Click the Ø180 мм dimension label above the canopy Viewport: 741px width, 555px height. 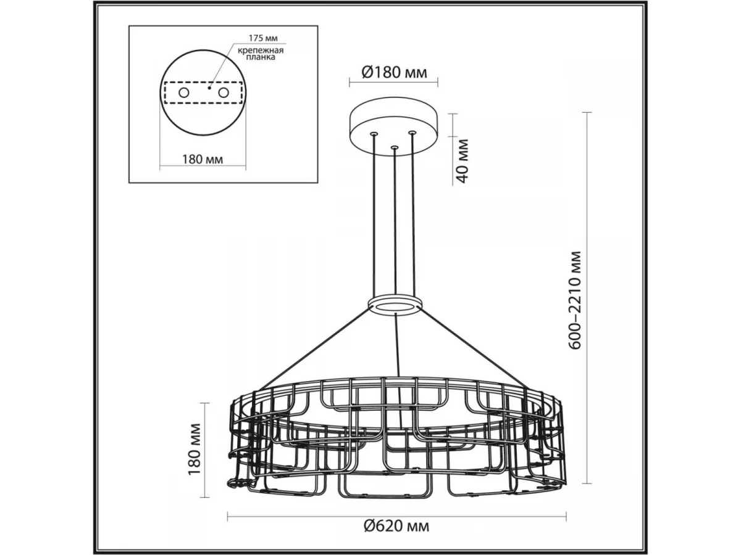coord(394,72)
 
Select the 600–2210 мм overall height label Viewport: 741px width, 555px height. coord(574,300)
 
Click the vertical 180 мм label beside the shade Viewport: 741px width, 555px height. coord(195,449)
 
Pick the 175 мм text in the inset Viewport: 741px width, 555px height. coord(263,38)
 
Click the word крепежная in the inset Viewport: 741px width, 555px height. coord(261,51)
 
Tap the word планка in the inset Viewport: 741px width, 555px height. coord(261,57)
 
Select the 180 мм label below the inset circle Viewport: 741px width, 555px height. coord(203,159)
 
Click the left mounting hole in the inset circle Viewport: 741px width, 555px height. coord(183,92)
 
